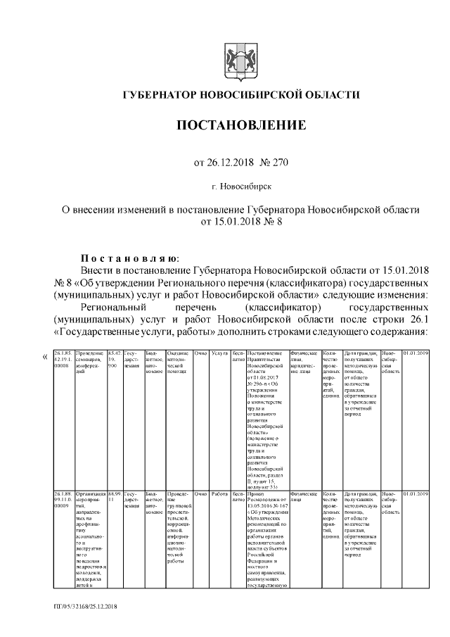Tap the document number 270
[278, 163]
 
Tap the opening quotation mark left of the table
[46, 356]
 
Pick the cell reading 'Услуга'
[220, 352]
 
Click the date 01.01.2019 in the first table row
[416, 352]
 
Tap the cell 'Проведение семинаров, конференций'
[89, 359]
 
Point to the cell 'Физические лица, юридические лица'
[304, 359]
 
